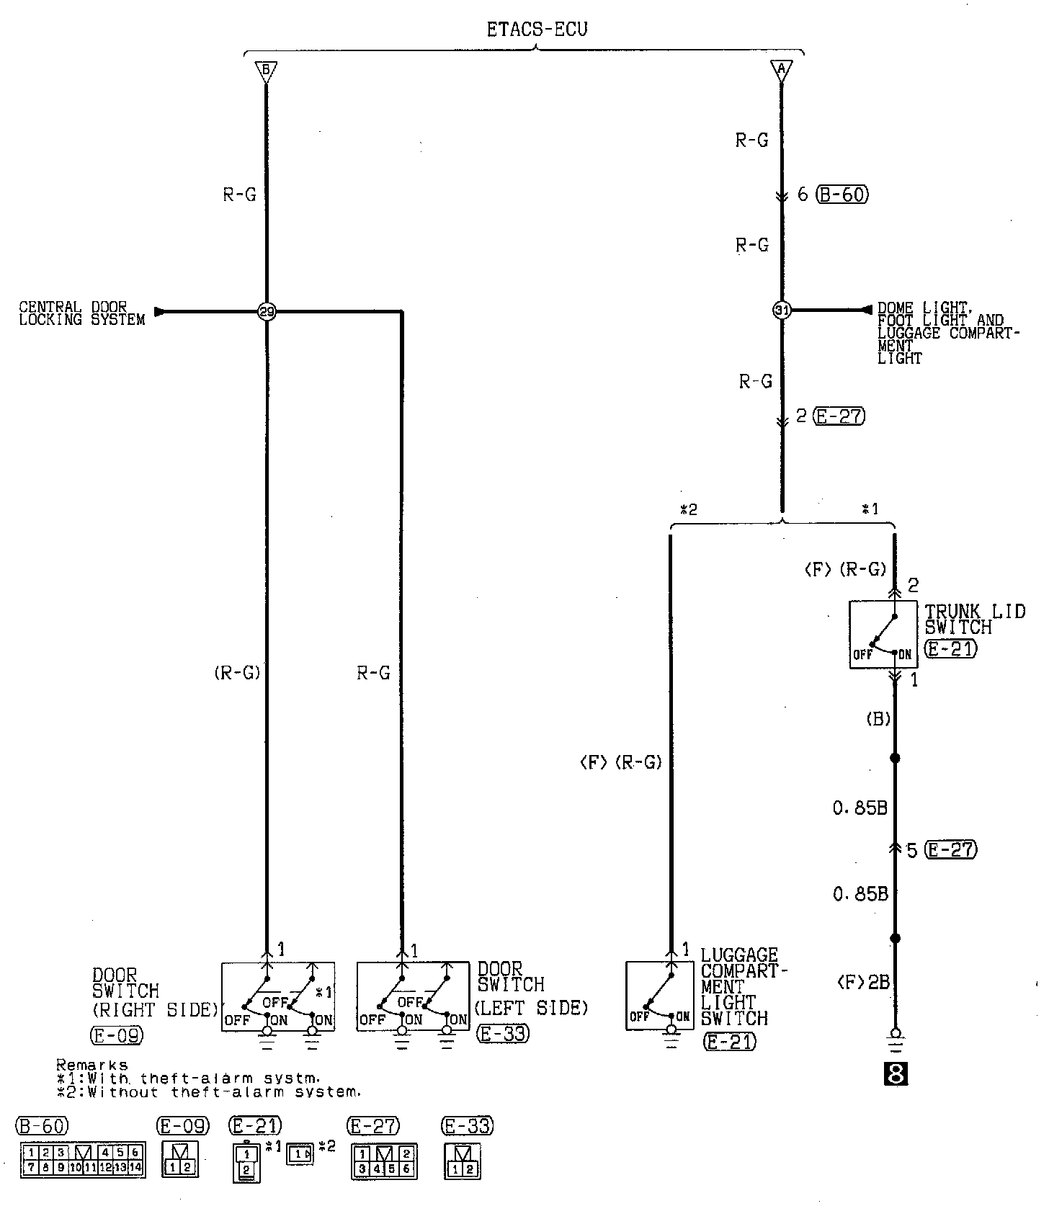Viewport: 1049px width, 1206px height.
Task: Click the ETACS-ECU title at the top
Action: [x=537, y=30]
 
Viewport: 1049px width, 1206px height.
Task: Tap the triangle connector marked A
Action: [x=782, y=71]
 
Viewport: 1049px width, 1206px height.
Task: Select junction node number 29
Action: [x=267, y=312]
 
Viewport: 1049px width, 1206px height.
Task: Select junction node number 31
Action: [x=782, y=311]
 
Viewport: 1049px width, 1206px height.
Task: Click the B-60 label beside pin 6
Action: [x=842, y=195]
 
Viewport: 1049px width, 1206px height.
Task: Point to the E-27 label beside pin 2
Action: [x=839, y=416]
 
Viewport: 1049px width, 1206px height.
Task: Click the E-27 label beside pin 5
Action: [x=951, y=850]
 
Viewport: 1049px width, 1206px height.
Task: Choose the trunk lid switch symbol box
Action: [x=883, y=635]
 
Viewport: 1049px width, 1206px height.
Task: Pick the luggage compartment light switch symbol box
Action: [x=659, y=995]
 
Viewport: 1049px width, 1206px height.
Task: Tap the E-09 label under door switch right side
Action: [x=117, y=1036]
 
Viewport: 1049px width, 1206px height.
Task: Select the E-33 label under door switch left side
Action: [x=503, y=1034]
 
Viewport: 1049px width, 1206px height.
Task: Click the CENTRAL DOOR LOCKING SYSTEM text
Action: [x=82, y=314]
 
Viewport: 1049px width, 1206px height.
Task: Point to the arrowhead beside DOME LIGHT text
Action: [x=867, y=310]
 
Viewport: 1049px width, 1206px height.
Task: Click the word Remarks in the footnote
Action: [x=91, y=1065]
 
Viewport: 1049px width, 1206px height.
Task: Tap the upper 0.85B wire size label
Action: [x=860, y=808]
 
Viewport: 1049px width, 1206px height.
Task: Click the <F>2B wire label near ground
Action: [x=863, y=982]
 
